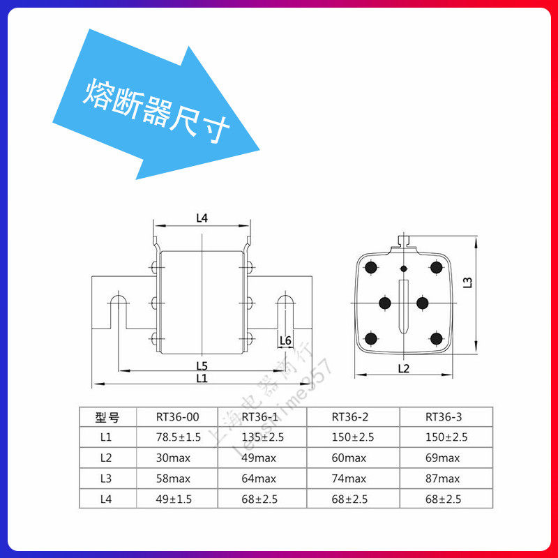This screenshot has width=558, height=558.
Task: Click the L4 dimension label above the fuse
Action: [202, 218]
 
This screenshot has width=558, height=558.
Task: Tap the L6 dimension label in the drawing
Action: [285, 340]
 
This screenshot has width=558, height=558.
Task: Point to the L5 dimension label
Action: [202, 365]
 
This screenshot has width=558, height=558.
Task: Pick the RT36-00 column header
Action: [177, 418]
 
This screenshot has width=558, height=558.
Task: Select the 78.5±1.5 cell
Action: [179, 438]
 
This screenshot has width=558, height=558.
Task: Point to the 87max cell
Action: [442, 478]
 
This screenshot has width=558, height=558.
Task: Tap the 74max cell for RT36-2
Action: [349, 478]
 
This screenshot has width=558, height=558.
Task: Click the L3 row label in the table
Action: [106, 478]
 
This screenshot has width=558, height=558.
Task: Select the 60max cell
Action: [349, 458]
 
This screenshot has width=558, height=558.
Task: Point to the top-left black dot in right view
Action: [371, 268]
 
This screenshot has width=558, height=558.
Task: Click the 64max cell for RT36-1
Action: [259, 478]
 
